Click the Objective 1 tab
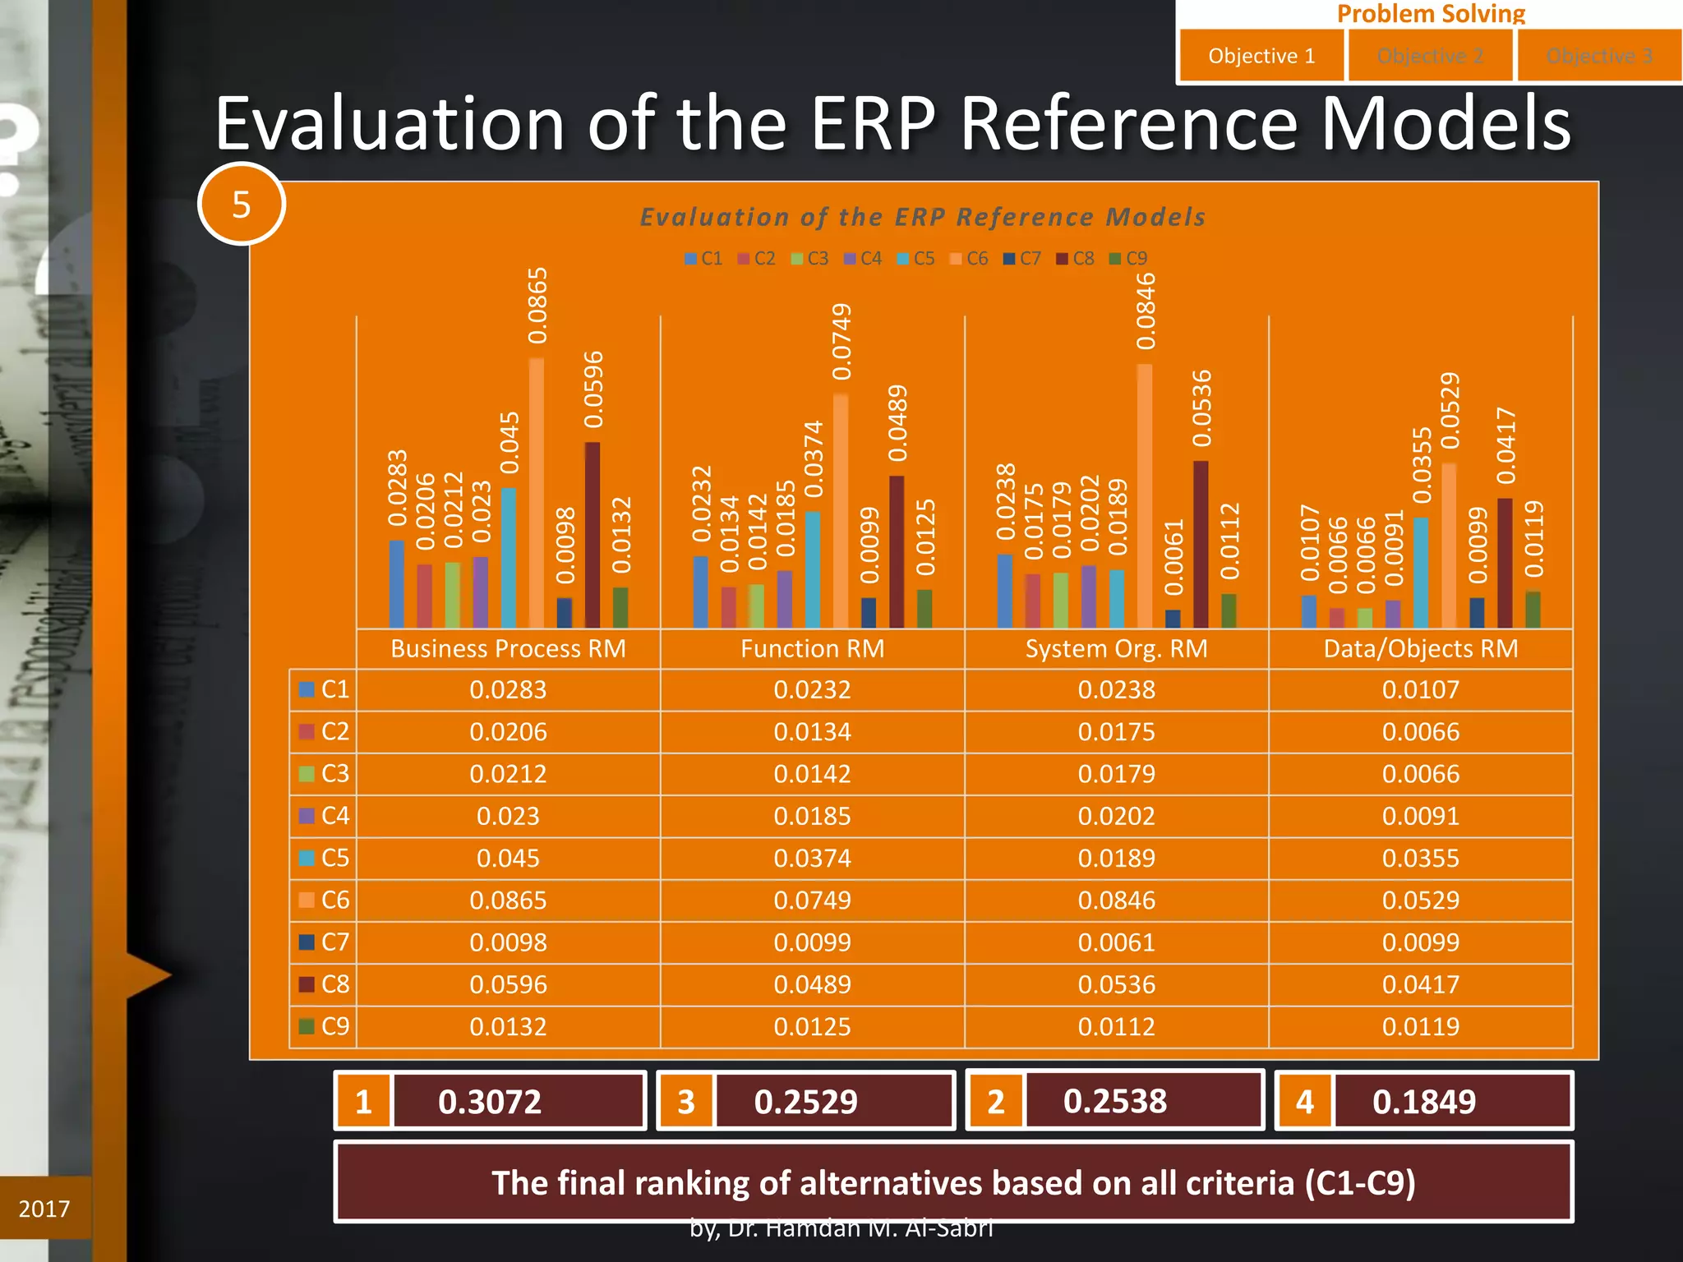[x=1261, y=56]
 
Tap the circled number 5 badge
[x=241, y=205]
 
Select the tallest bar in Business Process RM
[x=537, y=493]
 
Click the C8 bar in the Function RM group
[x=897, y=551]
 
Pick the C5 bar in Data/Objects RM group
[x=1421, y=573]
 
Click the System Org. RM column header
[x=1116, y=649]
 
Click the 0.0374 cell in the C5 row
[x=812, y=859]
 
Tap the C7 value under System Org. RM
[x=1116, y=942]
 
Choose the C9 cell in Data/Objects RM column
[x=1420, y=1027]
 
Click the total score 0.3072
[x=490, y=1102]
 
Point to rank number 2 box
[x=996, y=1102]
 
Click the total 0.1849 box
[x=1424, y=1102]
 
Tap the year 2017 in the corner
[x=44, y=1209]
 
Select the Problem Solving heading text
[x=1430, y=13]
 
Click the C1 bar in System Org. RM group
[x=1005, y=591]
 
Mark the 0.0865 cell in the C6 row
[x=508, y=900]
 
